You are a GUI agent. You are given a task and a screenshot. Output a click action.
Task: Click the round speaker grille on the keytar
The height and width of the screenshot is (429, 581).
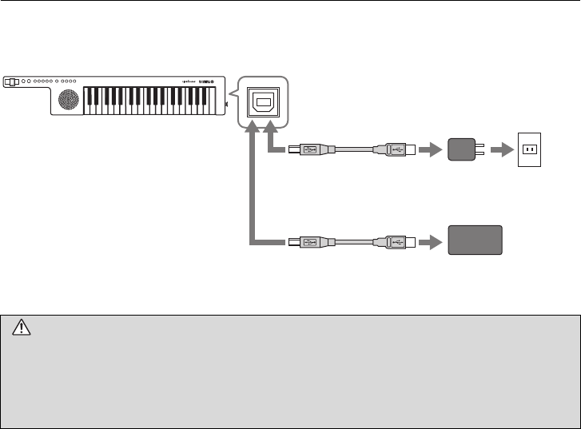pyautogui.click(x=69, y=100)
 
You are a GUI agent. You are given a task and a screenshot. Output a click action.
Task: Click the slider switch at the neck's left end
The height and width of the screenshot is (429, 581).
pyautogui.click(x=11, y=81)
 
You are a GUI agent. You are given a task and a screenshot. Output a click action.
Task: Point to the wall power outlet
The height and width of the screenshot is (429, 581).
pyautogui.click(x=529, y=149)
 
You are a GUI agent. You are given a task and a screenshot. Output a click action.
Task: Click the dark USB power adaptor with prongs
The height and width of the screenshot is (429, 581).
pyautogui.click(x=461, y=149)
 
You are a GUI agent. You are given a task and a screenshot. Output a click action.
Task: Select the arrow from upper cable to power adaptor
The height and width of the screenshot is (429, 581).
pyautogui.click(x=430, y=149)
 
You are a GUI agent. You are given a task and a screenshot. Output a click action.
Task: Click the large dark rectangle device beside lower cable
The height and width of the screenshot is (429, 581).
pyautogui.click(x=475, y=240)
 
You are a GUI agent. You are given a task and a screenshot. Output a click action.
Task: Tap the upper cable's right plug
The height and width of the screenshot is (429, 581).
pyautogui.click(x=395, y=149)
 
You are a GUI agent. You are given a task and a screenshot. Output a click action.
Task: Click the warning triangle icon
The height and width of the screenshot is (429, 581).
pyautogui.click(x=21, y=326)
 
